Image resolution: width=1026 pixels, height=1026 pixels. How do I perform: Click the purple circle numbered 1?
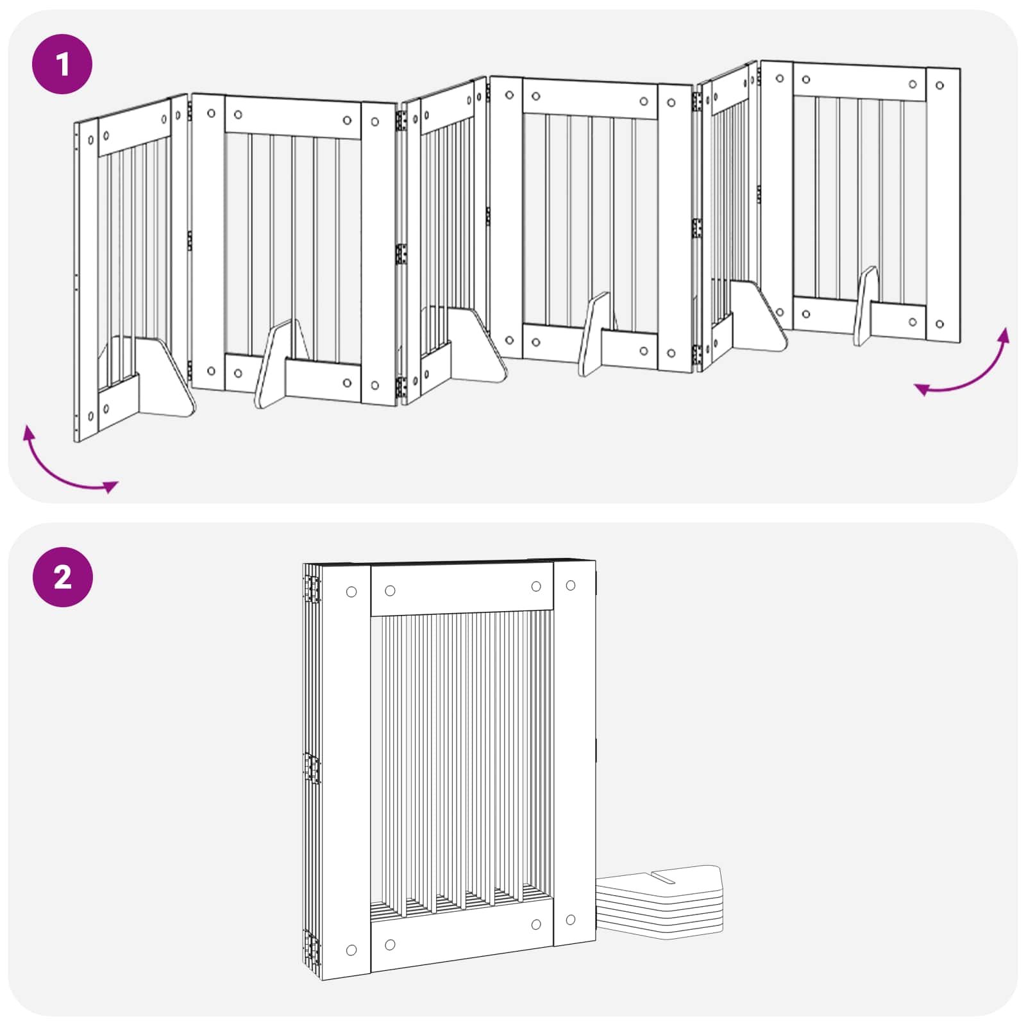click(62, 64)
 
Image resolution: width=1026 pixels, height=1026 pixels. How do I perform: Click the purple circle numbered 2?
click(62, 577)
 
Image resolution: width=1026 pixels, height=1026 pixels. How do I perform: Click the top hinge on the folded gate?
click(312, 589)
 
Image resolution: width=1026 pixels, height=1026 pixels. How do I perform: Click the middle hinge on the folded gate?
click(312, 768)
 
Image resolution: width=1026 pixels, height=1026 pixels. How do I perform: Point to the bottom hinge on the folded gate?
click(312, 948)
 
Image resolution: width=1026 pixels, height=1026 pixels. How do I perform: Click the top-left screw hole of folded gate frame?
click(351, 592)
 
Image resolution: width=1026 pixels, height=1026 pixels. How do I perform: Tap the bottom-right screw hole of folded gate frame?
click(571, 920)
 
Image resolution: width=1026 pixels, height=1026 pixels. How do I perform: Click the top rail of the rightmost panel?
click(859, 82)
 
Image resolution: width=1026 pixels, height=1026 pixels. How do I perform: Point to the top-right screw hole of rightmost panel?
click(939, 85)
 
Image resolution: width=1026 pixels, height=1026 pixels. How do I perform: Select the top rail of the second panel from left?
click(293, 118)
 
